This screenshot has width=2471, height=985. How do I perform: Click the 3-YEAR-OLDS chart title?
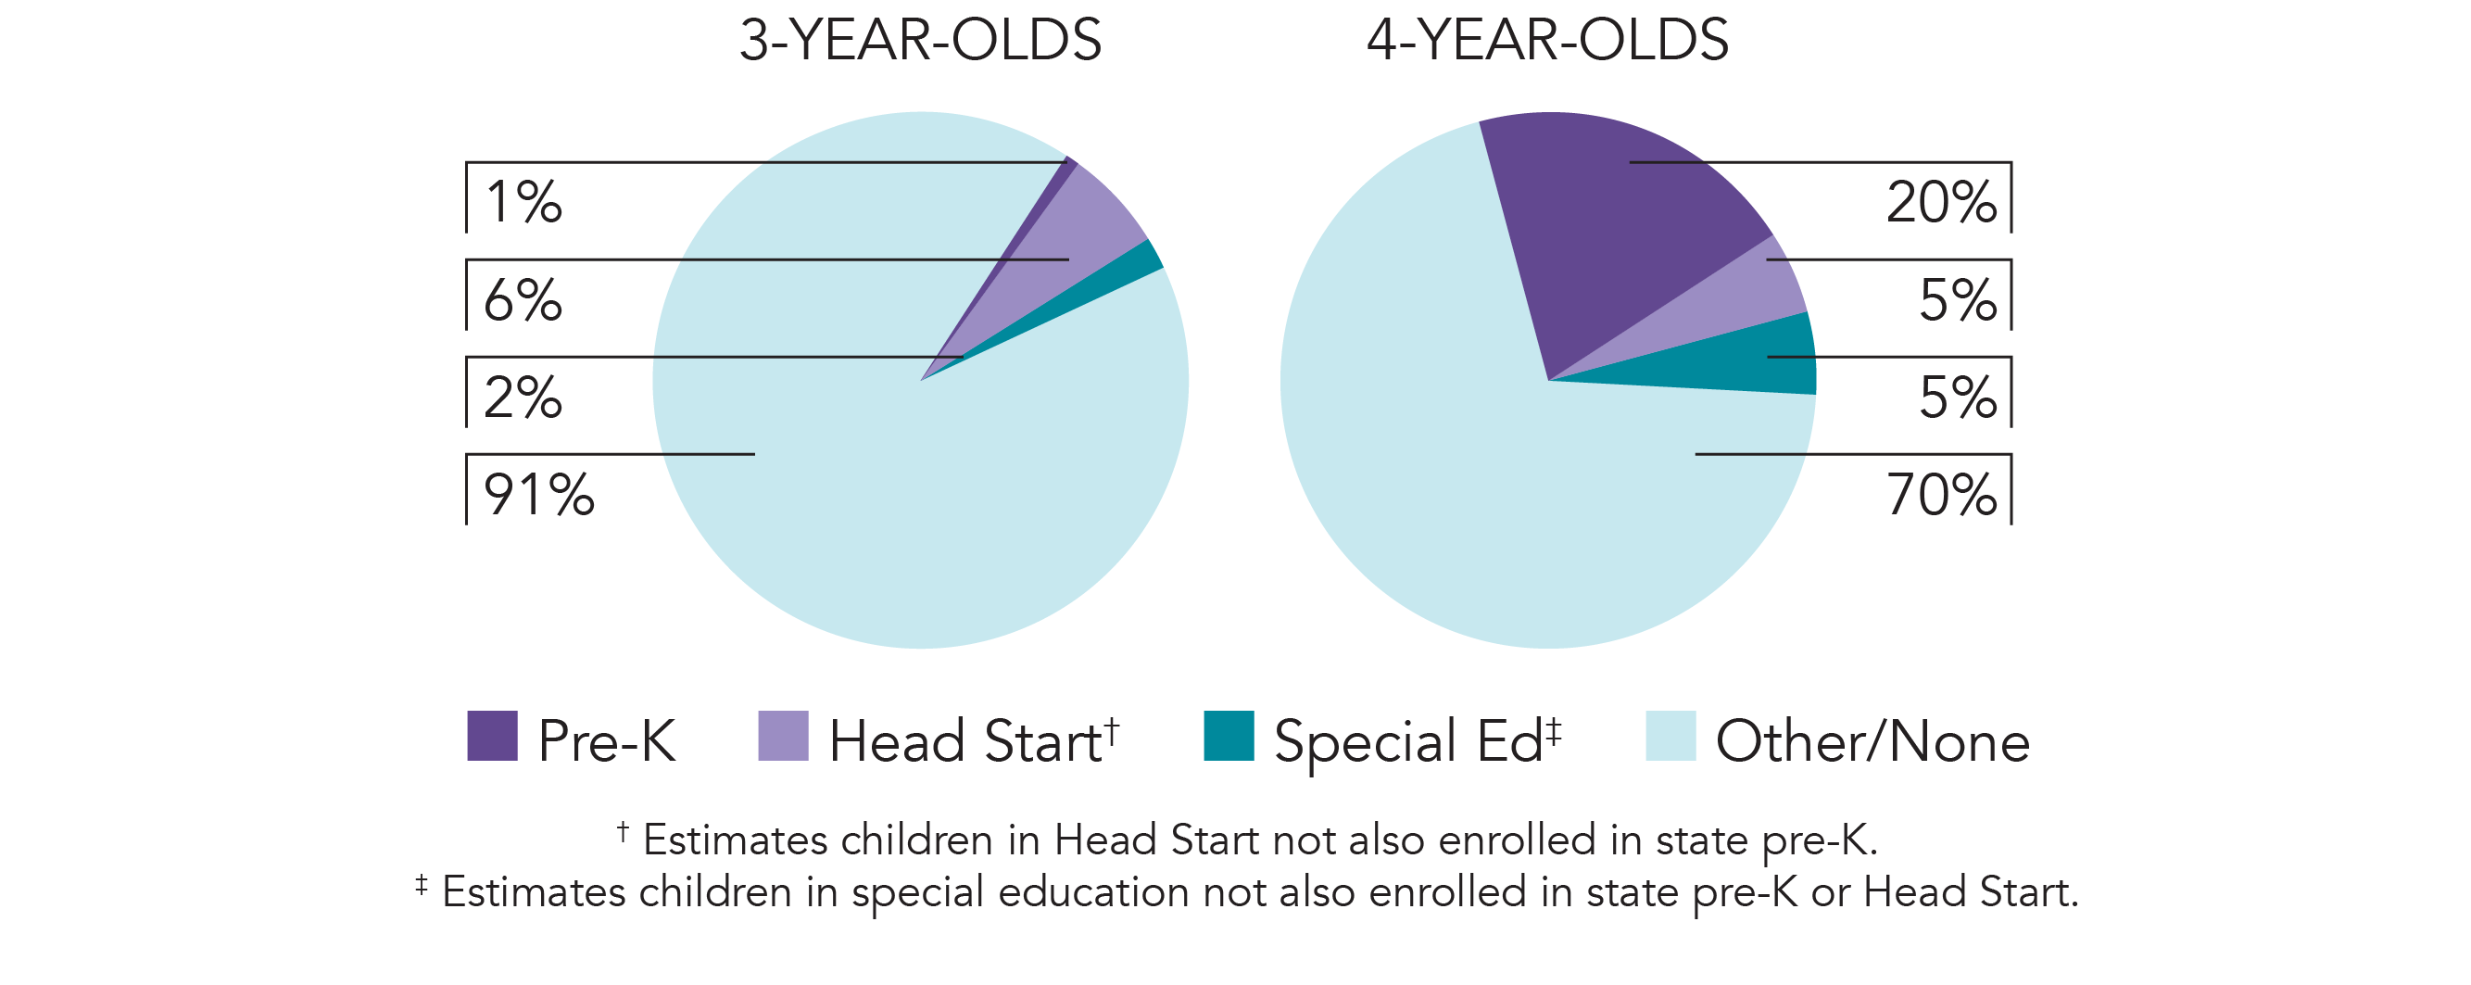click(920, 40)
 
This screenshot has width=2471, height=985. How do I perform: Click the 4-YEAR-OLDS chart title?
click(1547, 40)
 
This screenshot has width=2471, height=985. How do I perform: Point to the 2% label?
click(523, 398)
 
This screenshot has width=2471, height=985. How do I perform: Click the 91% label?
click(539, 495)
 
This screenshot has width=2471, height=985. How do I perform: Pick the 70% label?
click(1940, 495)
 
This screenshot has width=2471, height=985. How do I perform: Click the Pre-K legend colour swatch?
click(492, 736)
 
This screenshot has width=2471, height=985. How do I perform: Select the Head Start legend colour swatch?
click(783, 736)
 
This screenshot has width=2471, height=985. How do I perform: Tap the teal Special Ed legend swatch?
click(1229, 736)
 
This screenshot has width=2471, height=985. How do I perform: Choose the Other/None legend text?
click(1872, 741)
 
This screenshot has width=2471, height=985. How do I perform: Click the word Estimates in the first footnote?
click(735, 840)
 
